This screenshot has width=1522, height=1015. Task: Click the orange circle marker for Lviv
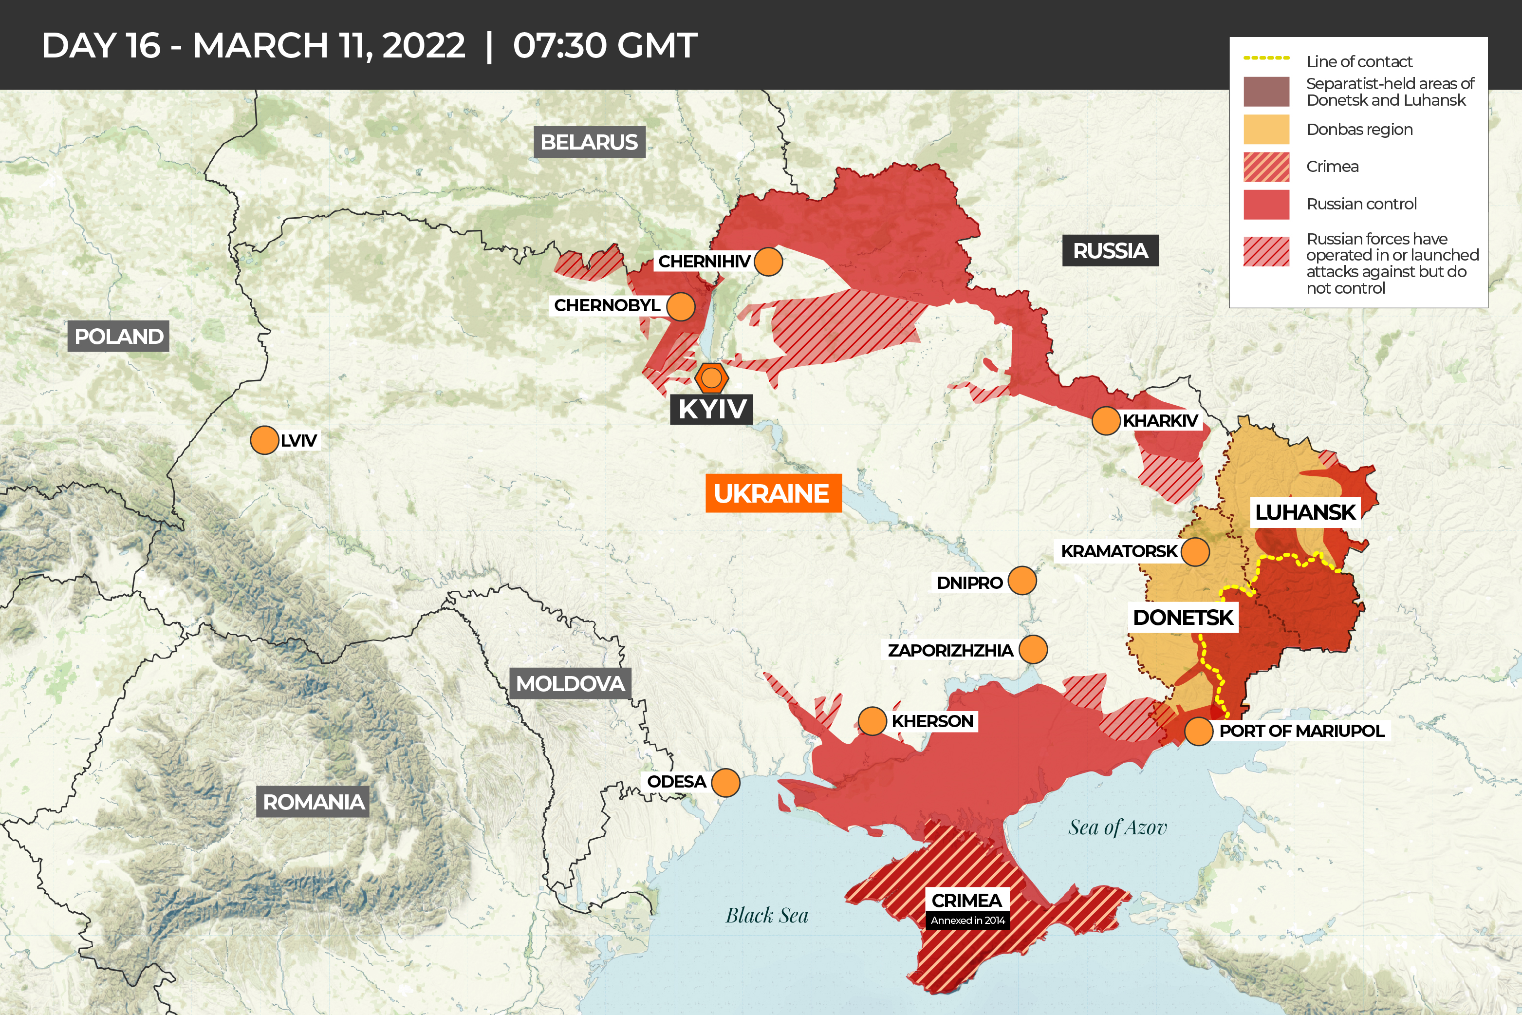pyautogui.click(x=264, y=440)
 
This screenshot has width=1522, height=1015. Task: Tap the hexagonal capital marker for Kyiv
pyautogui.click(x=712, y=377)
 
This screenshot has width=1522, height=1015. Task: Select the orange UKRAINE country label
pyautogui.click(x=773, y=493)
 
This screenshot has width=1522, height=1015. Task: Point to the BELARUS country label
pyautogui.click(x=589, y=142)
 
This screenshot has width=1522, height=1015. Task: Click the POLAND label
pyautogui.click(x=118, y=336)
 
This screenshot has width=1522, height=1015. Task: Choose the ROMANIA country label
pyautogui.click(x=313, y=801)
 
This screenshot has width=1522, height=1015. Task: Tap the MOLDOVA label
pyautogui.click(x=570, y=683)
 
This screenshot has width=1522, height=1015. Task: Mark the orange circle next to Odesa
pyautogui.click(x=725, y=783)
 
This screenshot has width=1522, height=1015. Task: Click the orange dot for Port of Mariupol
pyautogui.click(x=1198, y=732)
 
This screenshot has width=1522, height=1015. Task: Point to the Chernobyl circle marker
pyautogui.click(x=680, y=306)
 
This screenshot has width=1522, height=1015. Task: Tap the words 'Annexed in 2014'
pyautogui.click(x=967, y=921)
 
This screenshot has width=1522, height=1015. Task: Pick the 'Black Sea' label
pyautogui.click(x=767, y=915)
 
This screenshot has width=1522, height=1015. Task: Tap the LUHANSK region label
pyautogui.click(x=1304, y=512)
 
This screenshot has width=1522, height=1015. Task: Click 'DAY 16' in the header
pyautogui.click(x=101, y=45)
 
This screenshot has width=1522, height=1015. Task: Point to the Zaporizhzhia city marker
pyautogui.click(x=1033, y=649)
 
